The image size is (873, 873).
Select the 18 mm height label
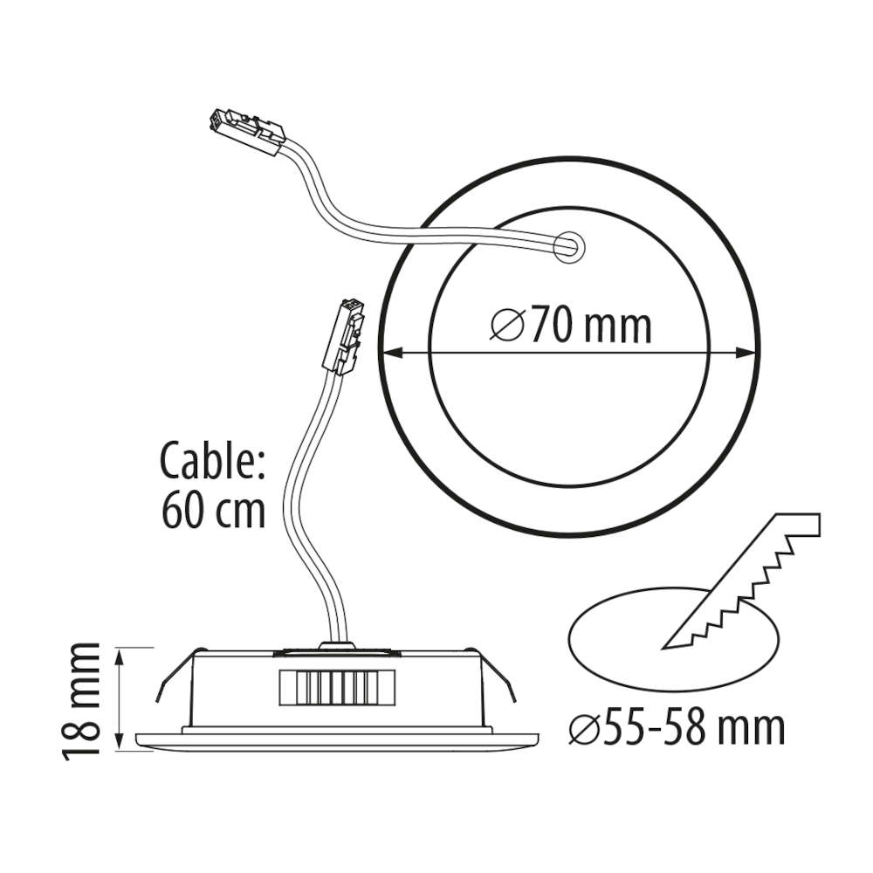81,701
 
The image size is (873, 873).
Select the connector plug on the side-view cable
345,336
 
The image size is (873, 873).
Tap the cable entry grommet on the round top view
569,246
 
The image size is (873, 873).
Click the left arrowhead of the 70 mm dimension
393,352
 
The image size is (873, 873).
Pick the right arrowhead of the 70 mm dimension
746,352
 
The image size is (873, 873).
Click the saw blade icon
740,581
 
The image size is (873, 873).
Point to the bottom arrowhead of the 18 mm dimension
120,740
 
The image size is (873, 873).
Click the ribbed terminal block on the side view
337,688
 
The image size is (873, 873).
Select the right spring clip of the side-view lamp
492,675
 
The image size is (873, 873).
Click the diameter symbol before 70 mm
507,325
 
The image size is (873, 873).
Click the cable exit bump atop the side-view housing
336,646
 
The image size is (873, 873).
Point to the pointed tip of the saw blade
662,649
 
